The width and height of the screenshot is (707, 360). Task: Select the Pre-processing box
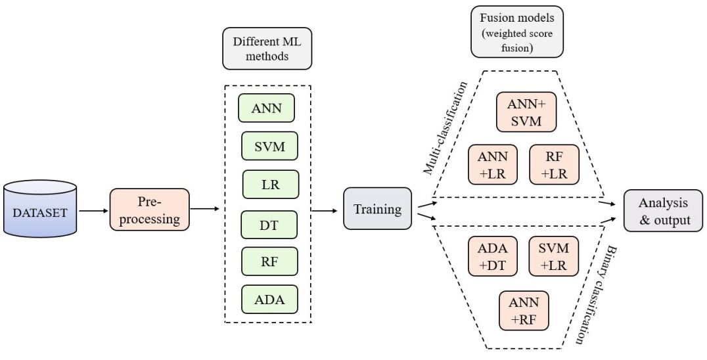[x=149, y=210]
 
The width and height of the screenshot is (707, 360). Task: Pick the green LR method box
[x=270, y=185]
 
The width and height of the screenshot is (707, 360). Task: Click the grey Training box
[x=377, y=209]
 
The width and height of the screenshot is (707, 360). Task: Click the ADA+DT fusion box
[x=492, y=256]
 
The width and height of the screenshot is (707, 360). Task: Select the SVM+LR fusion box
[x=554, y=256]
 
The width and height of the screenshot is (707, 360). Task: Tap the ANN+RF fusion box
[x=524, y=311]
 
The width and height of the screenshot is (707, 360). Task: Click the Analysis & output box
[x=662, y=210]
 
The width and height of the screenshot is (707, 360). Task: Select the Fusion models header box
[x=509, y=32]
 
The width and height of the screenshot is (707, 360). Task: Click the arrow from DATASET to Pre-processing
[x=93, y=211]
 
